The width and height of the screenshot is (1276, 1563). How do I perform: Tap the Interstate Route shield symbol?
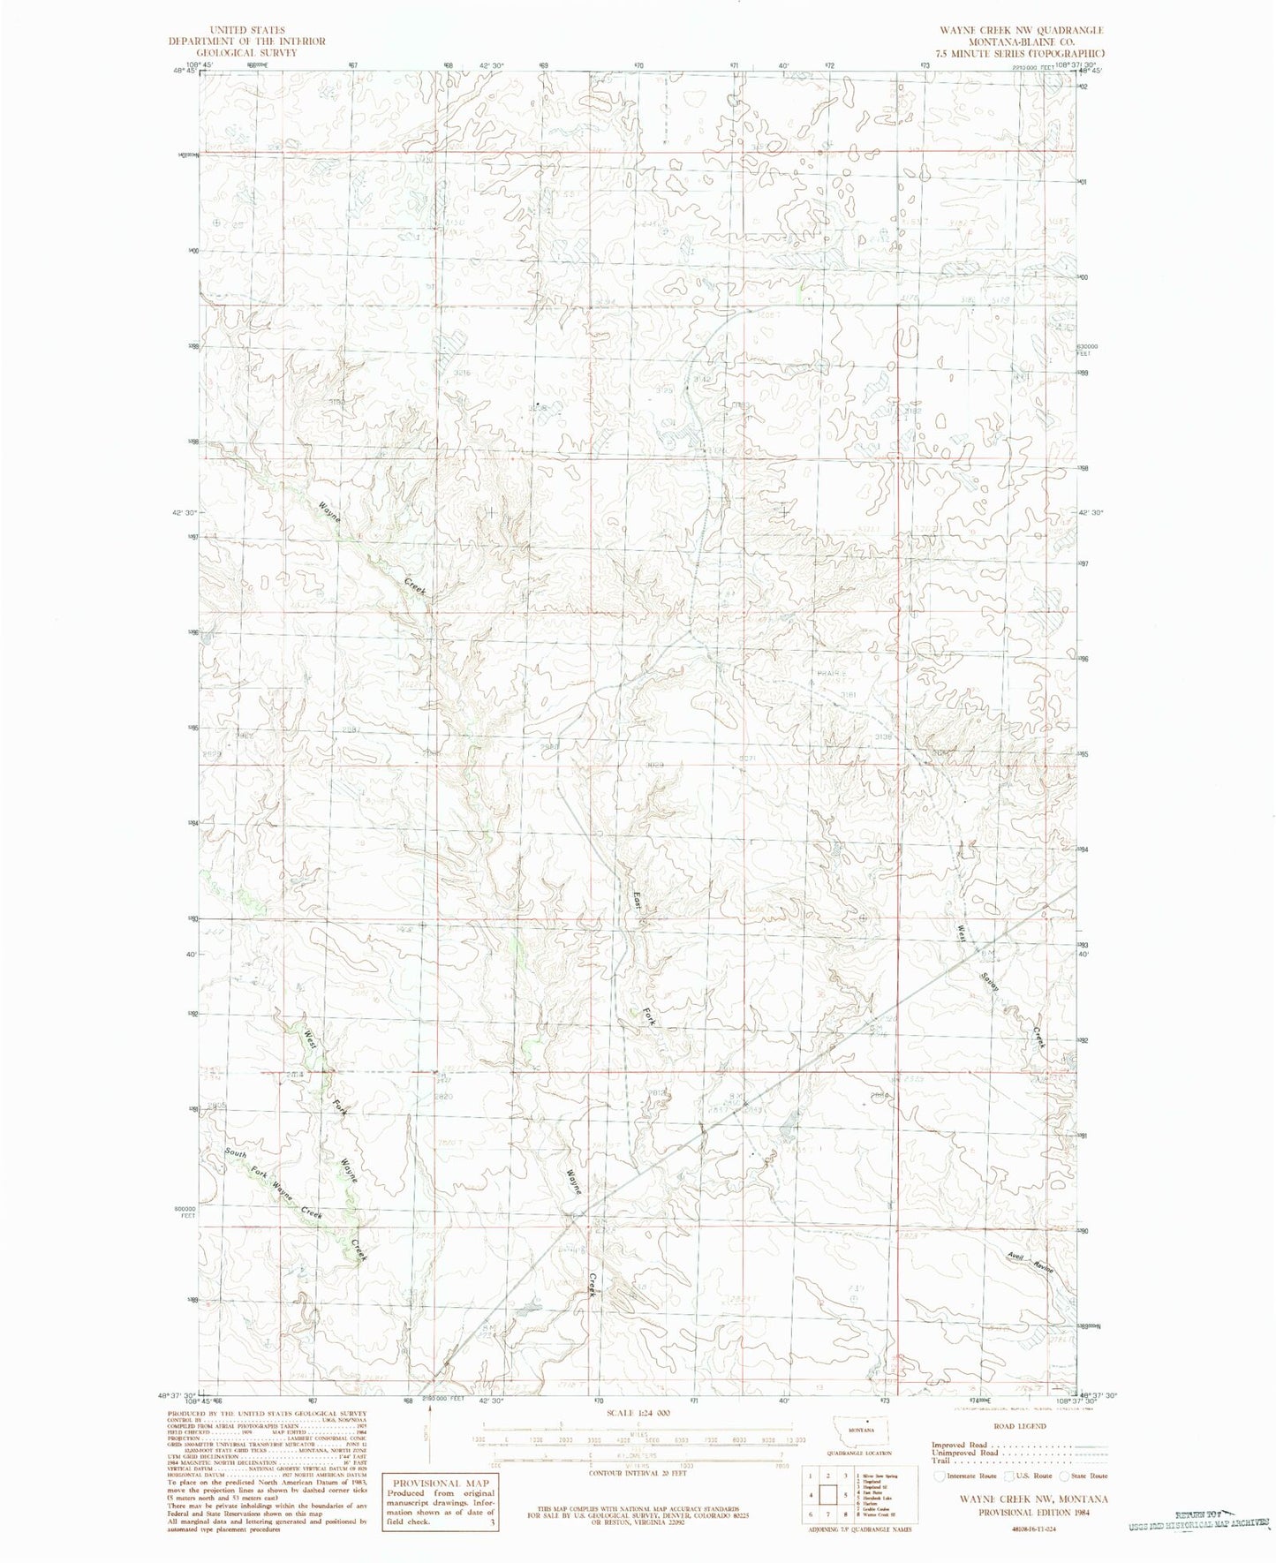[938, 1476]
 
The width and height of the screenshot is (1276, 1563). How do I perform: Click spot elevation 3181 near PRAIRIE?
[849, 695]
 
